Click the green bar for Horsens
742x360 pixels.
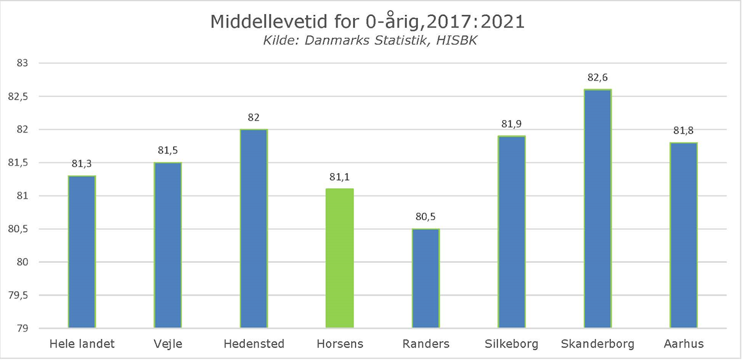[x=339, y=258]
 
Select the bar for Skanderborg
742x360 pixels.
[x=597, y=208]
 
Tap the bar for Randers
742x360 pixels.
[x=425, y=278]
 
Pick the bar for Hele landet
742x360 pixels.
[x=82, y=252]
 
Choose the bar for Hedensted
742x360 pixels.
[x=254, y=228]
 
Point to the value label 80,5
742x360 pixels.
[x=425, y=218]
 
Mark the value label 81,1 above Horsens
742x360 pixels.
[x=339, y=178]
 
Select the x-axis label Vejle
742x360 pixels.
[x=168, y=343]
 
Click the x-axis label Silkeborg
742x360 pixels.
[x=511, y=343]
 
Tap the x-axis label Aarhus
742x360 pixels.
[x=683, y=343]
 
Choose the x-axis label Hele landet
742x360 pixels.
[x=82, y=343]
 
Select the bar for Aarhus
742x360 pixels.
[x=683, y=235]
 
